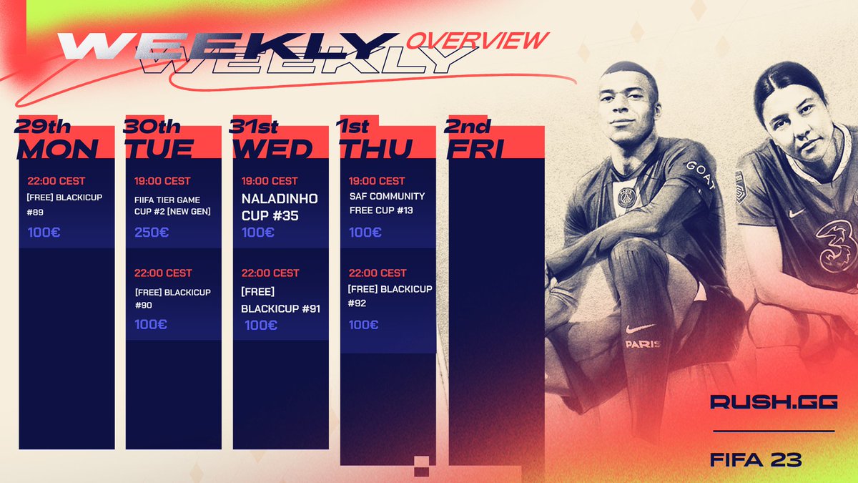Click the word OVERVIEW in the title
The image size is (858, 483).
click(478, 40)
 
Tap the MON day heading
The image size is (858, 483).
click(57, 148)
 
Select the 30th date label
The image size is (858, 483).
click(152, 127)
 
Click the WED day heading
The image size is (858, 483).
click(272, 148)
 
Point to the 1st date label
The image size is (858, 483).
click(352, 127)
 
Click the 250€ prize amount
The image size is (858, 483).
click(152, 232)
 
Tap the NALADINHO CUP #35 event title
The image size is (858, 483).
click(280, 205)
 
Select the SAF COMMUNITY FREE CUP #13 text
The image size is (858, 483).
click(387, 203)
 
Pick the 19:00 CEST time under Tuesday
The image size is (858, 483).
click(162, 181)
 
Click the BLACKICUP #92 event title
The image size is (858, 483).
click(390, 296)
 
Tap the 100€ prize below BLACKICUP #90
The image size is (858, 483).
click(151, 324)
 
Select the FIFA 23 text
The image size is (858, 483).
click(756, 459)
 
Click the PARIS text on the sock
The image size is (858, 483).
click(642, 344)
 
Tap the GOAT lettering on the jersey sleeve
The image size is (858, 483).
click(701, 175)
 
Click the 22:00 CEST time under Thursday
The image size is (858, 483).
click(377, 273)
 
